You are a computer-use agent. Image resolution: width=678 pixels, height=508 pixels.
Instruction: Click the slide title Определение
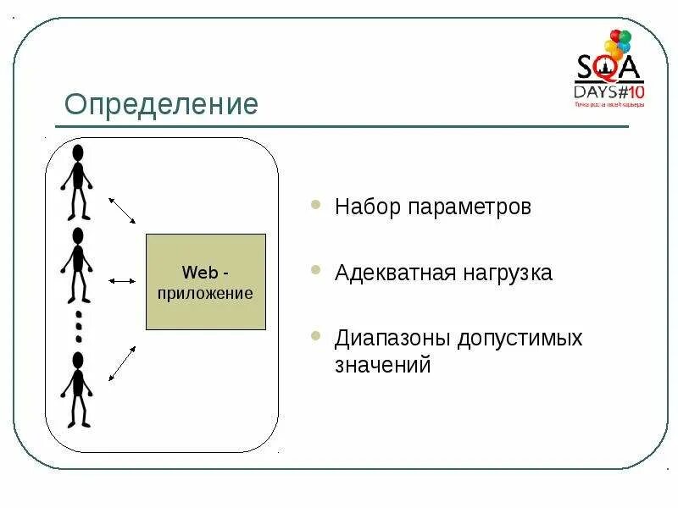(162, 105)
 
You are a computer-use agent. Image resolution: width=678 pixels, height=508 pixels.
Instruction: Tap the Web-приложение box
(206, 282)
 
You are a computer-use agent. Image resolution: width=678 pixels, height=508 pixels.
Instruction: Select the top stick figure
(78, 181)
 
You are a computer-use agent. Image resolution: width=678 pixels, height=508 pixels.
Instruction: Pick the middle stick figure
(78, 264)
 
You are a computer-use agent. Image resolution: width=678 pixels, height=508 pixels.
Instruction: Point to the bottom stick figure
(78, 389)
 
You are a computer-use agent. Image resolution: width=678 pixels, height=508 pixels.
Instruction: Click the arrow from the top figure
(122, 211)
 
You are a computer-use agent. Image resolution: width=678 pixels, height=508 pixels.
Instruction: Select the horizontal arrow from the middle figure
(123, 280)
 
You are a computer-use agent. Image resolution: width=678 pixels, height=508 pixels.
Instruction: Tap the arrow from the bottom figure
(123, 362)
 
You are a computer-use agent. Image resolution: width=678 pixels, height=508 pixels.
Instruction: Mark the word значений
(383, 366)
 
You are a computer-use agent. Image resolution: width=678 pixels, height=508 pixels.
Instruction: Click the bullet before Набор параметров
(316, 205)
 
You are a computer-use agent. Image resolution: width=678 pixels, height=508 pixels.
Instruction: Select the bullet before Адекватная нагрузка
(316, 271)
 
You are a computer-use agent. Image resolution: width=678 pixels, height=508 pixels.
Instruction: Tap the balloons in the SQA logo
(618, 44)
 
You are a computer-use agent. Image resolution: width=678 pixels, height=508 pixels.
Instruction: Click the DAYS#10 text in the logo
(609, 91)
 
